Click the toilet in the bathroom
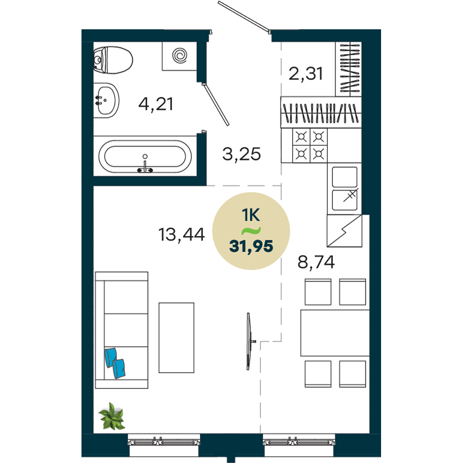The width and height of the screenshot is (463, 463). click(113, 60)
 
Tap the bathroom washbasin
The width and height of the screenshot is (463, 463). click(106, 100)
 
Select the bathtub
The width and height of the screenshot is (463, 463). click(145, 156)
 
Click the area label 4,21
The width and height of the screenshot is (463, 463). click(156, 104)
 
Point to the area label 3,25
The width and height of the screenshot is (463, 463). click(242, 154)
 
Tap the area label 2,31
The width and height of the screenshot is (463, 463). click(306, 74)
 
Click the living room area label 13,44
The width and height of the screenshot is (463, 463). click(181, 235)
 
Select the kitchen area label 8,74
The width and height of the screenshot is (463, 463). click(316, 262)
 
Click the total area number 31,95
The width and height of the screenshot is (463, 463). click(251, 246)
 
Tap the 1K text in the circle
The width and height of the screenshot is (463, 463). click(251, 215)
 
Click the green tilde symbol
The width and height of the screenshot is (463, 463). click(251, 231)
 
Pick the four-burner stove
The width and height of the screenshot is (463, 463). click(310, 145)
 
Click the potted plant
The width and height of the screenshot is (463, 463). click(112, 416)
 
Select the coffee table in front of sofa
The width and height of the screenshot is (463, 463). click(176, 338)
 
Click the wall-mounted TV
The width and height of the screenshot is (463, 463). click(249, 341)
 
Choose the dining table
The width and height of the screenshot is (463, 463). click(335, 333)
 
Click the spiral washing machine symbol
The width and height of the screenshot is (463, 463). click(180, 56)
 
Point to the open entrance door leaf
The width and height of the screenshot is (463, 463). click(244, 16)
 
